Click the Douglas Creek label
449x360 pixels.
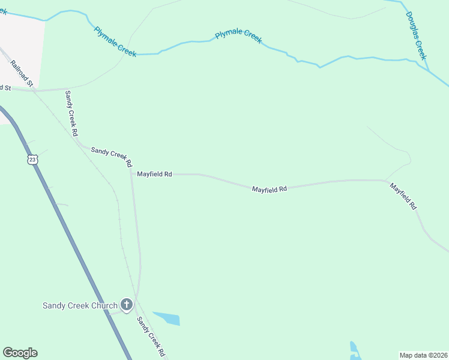point(415,35)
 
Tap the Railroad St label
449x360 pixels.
point(21,73)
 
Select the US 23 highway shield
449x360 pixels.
point(32,159)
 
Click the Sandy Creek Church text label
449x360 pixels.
point(79,305)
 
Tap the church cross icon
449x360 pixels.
point(126,305)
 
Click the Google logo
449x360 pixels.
point(20,353)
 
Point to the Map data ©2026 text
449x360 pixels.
point(423,355)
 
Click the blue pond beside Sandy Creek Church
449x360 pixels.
point(167,318)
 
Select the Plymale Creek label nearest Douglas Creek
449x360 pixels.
point(238,35)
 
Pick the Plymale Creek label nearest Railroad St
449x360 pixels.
point(115,42)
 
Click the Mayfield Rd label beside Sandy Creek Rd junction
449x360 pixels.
point(154,174)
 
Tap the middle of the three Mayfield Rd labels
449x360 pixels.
point(269,189)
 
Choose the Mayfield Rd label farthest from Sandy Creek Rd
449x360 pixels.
point(403,196)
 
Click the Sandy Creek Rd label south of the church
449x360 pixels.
point(150,337)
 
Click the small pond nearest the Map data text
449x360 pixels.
point(354,350)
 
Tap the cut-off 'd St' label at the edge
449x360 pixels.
point(5,88)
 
